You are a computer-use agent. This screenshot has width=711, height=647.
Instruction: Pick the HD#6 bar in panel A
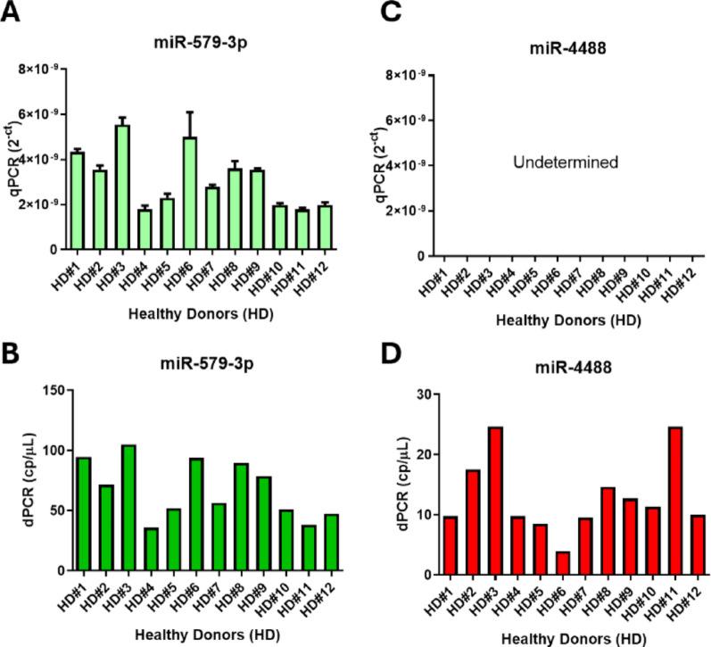pos(187,193)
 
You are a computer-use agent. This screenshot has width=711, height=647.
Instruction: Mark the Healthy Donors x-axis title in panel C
pos(559,317)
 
